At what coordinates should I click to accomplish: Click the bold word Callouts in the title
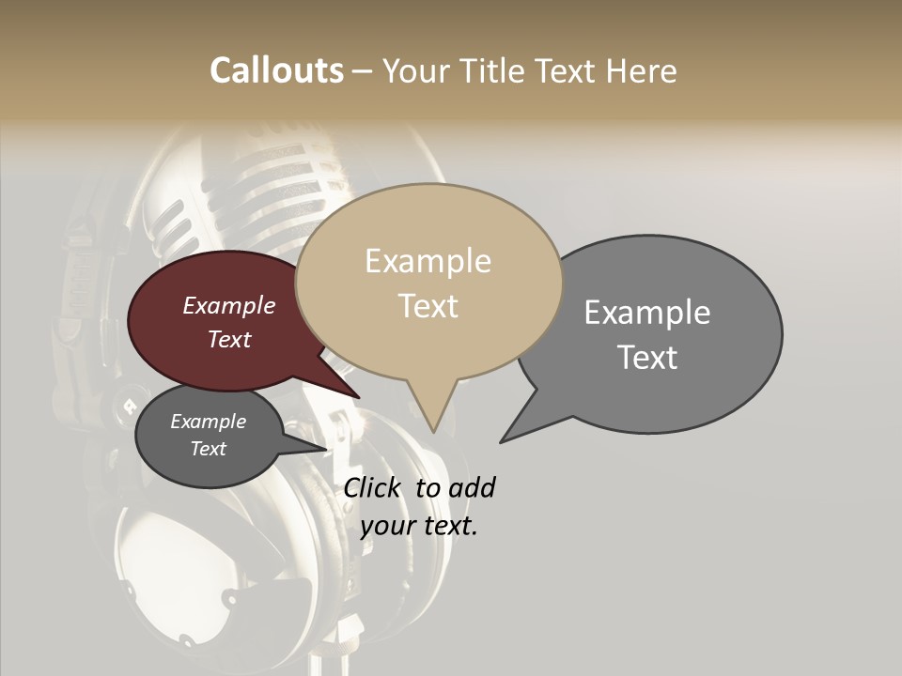click(x=276, y=70)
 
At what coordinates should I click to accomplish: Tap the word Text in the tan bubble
click(x=428, y=305)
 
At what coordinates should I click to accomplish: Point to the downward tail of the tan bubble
click(x=432, y=418)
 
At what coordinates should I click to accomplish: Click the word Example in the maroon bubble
click(x=228, y=305)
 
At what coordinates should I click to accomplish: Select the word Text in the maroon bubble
click(x=228, y=339)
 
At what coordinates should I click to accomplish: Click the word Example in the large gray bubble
click(x=647, y=313)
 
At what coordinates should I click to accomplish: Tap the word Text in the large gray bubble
click(x=648, y=357)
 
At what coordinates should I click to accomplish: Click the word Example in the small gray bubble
click(x=208, y=422)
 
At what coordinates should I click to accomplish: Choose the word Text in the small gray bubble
click(x=208, y=449)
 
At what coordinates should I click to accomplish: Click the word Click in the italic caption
click(x=375, y=487)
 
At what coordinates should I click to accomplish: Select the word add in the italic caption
click(x=472, y=487)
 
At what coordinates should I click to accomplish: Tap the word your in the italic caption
click(x=386, y=526)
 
